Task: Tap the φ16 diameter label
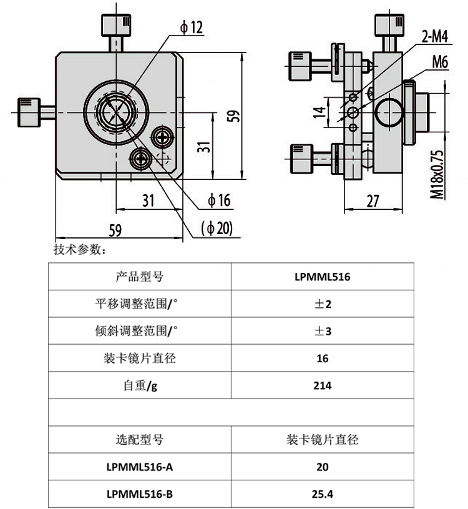click(219, 200)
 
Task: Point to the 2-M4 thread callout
click(435, 37)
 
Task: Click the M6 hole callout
click(440, 62)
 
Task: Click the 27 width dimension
click(373, 200)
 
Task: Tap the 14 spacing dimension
click(320, 112)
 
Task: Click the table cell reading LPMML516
click(322, 277)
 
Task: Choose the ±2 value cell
click(322, 304)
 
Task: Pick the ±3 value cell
click(322, 331)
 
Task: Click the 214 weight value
click(322, 385)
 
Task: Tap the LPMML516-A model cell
click(139, 467)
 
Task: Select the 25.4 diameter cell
click(322, 494)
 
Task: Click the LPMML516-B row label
click(139, 494)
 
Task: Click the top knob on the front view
click(115, 26)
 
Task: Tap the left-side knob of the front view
click(29, 112)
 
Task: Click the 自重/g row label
click(139, 385)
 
